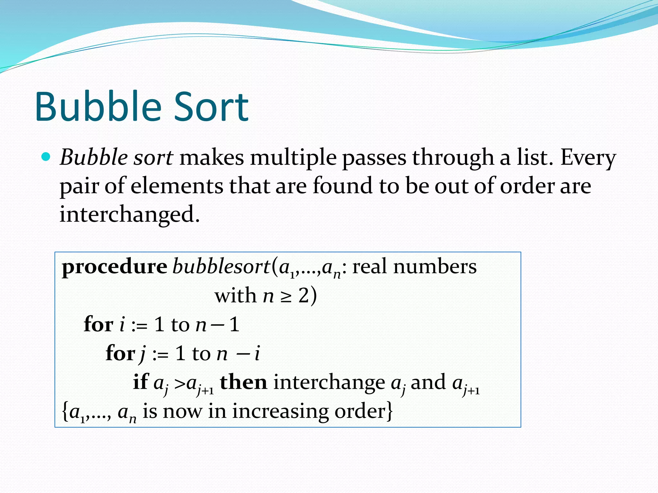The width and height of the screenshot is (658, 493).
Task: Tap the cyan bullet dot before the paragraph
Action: tap(46, 157)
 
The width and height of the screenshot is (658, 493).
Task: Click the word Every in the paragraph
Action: tap(588, 158)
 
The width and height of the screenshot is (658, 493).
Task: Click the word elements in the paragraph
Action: tap(177, 186)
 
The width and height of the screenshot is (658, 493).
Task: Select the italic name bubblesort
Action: tap(221, 266)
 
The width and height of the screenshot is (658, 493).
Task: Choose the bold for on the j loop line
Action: tap(120, 353)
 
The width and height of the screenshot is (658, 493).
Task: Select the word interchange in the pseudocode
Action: tap(329, 383)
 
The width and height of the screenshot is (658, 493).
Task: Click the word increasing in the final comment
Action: tap(280, 412)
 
